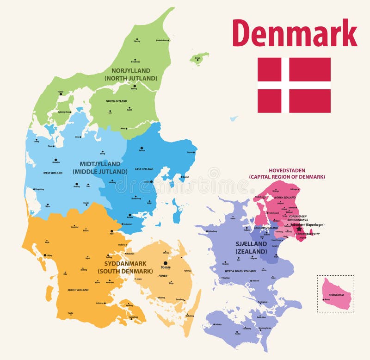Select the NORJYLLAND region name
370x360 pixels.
[130, 71]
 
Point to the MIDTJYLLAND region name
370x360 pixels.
[100, 164]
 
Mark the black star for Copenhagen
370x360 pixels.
[299, 229]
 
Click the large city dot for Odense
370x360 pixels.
[165, 263]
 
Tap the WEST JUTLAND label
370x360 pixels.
[53, 173]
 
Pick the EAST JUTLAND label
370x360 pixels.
[144, 169]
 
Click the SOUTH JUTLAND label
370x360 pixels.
[78, 290]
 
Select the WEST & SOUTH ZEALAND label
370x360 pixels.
[240, 271]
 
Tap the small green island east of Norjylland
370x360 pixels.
[198, 59]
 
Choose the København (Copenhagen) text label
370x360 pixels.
[308, 224]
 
